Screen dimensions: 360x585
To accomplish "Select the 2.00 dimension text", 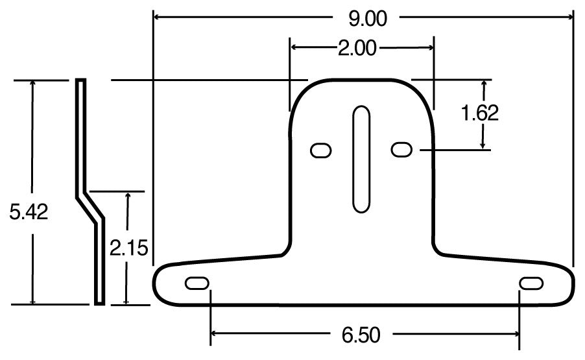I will [357, 49].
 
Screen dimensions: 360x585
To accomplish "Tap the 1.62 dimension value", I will [479, 114].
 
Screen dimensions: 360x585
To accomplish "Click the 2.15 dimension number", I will [129, 248].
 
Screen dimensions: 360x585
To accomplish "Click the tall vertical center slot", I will [361, 159].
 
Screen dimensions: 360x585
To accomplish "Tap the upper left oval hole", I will [320, 150].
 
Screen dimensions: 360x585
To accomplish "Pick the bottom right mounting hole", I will [531, 284].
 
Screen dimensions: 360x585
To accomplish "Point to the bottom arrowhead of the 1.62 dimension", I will [483, 145].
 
